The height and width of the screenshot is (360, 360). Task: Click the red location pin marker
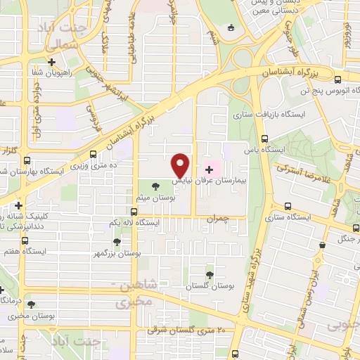(181, 165)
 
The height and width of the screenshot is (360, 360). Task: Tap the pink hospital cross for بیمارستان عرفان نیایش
(208, 169)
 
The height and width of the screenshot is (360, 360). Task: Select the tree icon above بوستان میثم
(155, 186)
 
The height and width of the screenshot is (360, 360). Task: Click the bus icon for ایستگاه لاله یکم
(134, 211)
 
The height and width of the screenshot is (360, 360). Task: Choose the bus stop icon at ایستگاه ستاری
(288, 206)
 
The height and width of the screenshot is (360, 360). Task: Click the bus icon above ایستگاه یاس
(264, 139)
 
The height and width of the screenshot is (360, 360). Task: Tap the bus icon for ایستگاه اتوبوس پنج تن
(340, 79)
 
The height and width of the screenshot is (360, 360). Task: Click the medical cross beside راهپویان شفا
(51, 62)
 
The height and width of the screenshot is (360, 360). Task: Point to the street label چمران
(219, 220)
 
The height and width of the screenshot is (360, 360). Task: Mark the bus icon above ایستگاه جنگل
(322, 245)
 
